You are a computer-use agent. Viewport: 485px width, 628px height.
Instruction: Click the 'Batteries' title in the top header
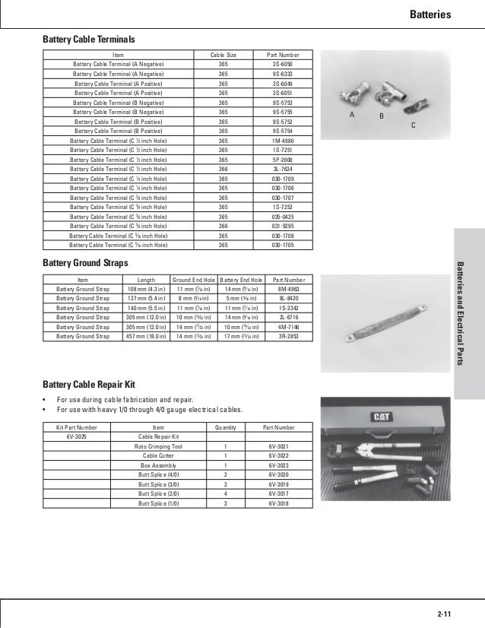(452, 14)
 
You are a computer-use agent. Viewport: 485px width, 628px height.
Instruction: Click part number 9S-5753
(280, 102)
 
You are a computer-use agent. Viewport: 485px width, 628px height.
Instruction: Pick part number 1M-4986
(280, 141)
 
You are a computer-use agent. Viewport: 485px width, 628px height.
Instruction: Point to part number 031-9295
(280, 226)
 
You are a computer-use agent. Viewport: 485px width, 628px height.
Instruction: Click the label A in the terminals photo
(352, 114)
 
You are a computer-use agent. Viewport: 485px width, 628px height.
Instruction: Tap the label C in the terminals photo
(413, 124)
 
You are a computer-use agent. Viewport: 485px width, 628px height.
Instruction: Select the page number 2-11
(444, 613)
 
